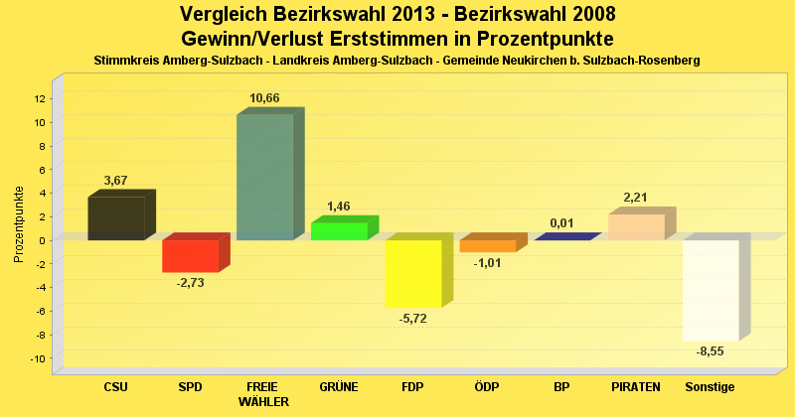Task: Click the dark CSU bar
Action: point(115,218)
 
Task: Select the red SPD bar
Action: point(190,255)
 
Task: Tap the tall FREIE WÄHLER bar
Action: point(264,177)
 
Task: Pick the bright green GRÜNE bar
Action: point(339,231)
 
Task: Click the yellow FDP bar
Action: point(413,273)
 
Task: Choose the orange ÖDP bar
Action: point(487,245)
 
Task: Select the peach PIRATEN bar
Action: point(636,226)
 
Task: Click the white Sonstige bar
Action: point(711,290)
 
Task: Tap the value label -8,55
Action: point(710,351)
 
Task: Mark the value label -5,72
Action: point(412,318)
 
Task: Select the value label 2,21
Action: point(636,198)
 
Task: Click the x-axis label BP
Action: point(561,386)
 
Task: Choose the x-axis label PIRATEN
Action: point(636,386)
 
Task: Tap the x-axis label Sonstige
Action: point(710,386)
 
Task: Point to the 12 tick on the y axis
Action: point(40,98)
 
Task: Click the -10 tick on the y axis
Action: point(38,357)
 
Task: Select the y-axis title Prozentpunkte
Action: point(19,224)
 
